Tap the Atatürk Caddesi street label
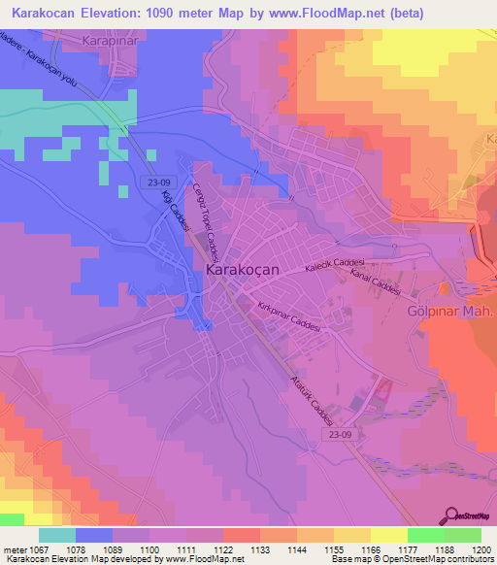313,400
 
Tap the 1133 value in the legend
259,550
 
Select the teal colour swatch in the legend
57,535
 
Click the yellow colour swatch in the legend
388,535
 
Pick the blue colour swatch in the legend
94,535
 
